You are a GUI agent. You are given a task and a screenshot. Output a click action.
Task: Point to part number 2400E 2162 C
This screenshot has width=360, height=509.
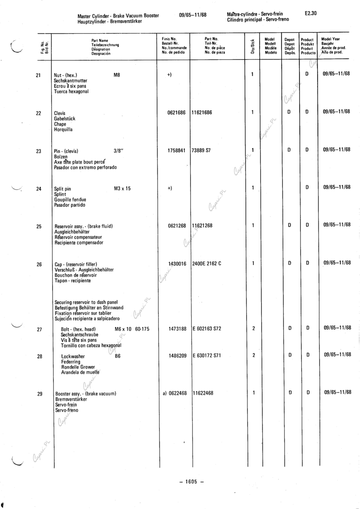(x=207, y=264)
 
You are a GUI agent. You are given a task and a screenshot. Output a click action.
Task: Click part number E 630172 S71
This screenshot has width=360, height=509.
(x=207, y=355)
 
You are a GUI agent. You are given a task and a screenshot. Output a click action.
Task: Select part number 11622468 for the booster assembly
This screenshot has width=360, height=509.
(x=203, y=393)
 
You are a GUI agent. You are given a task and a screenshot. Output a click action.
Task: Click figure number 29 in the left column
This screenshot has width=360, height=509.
(x=39, y=394)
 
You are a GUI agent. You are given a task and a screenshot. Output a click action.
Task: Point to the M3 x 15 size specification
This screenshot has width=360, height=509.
(x=122, y=189)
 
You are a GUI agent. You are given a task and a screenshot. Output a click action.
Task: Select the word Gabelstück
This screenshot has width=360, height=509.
(x=64, y=118)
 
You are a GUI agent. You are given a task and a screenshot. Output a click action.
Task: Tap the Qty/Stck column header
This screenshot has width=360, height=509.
(x=252, y=46)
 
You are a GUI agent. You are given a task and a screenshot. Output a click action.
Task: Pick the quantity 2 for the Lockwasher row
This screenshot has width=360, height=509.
(x=253, y=355)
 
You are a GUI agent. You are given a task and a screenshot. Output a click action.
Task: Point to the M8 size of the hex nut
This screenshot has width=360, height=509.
(x=116, y=75)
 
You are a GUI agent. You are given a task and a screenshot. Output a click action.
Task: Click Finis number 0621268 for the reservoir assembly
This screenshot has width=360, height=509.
(x=177, y=226)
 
